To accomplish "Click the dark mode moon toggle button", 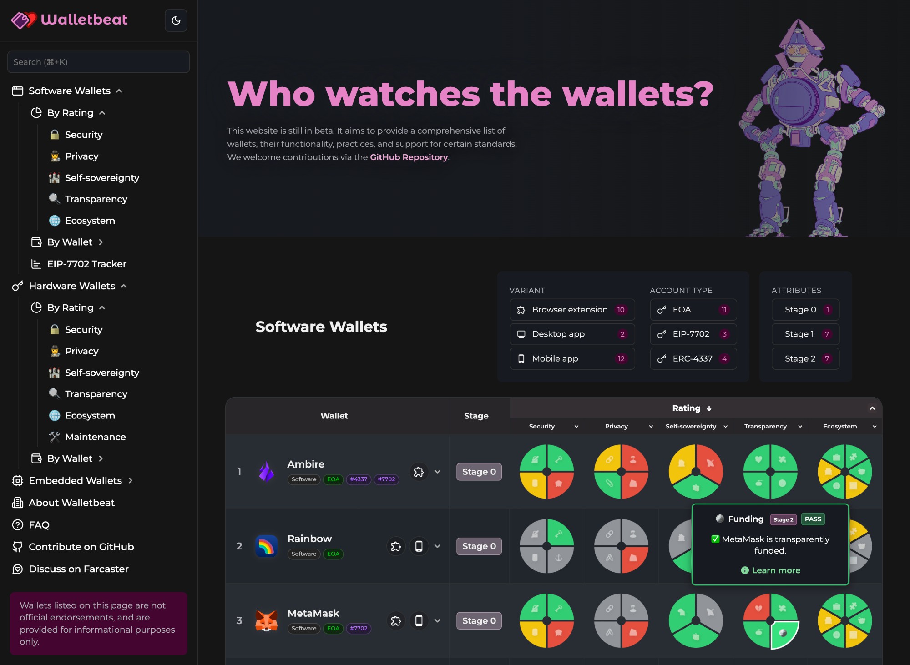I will pos(176,20).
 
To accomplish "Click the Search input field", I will pos(98,62).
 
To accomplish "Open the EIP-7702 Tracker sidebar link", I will pos(86,264).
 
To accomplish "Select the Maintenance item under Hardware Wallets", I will pos(95,437).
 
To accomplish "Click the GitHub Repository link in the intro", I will pos(409,157).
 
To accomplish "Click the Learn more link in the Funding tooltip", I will pos(775,570).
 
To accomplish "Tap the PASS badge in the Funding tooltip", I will pos(813,519).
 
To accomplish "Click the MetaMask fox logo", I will pos(267,621).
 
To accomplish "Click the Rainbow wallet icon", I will pos(267,546).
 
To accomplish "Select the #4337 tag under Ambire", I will pos(359,479).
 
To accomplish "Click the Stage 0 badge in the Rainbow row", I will pos(479,546).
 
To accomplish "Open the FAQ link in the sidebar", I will pos(39,525).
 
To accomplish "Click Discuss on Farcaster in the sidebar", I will pos(78,569).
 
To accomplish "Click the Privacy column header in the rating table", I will pos(616,426).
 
